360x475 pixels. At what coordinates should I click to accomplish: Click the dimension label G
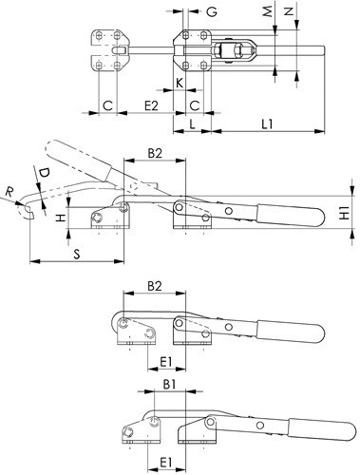(212, 11)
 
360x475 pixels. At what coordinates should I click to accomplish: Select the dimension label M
(268, 11)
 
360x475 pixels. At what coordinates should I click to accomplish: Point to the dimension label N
(288, 11)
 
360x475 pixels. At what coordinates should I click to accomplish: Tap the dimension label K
(180, 83)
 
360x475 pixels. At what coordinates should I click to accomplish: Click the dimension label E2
(151, 105)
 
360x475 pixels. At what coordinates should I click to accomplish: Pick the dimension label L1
(267, 123)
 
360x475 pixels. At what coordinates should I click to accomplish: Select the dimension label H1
(344, 213)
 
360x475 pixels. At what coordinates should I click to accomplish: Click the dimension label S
(77, 254)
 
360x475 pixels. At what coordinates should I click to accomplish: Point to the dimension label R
(10, 192)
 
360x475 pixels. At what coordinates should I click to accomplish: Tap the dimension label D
(45, 173)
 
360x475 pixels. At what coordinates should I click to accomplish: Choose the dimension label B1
(169, 385)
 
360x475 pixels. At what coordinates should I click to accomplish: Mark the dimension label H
(61, 218)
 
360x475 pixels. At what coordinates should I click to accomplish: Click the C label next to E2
(107, 105)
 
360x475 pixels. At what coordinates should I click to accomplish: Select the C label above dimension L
(195, 105)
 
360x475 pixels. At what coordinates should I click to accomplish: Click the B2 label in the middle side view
(155, 154)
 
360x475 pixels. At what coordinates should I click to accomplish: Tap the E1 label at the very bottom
(165, 463)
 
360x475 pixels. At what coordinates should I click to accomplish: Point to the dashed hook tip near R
(27, 212)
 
